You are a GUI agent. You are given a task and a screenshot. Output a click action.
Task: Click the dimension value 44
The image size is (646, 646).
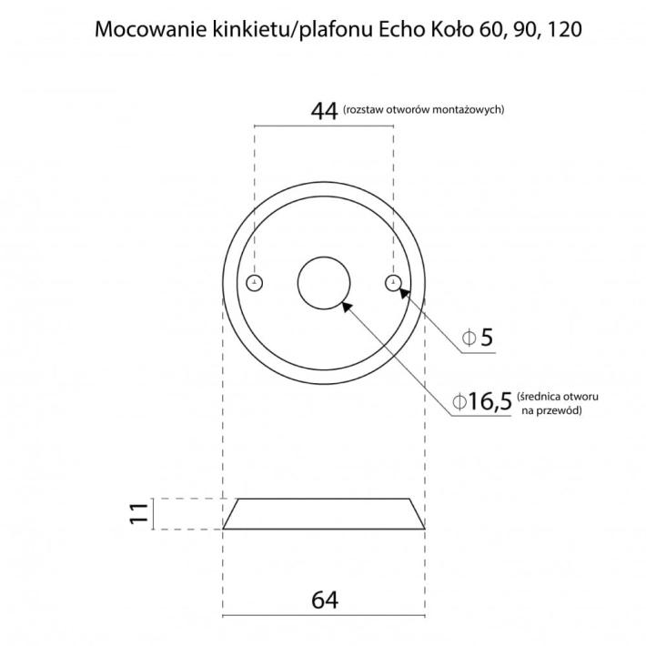324,111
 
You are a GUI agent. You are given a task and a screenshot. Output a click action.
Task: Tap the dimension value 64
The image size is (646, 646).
324,601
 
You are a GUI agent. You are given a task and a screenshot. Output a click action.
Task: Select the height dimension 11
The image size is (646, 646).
138,513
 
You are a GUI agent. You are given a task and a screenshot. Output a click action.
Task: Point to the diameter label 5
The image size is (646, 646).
487,338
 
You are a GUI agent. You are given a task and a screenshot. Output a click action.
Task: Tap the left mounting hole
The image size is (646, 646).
256,281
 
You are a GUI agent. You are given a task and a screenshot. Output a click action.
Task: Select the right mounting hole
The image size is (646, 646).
392,281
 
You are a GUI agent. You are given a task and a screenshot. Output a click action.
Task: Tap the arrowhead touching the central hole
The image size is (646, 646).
346,305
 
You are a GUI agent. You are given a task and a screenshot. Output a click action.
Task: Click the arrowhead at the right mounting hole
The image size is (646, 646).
402,291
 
